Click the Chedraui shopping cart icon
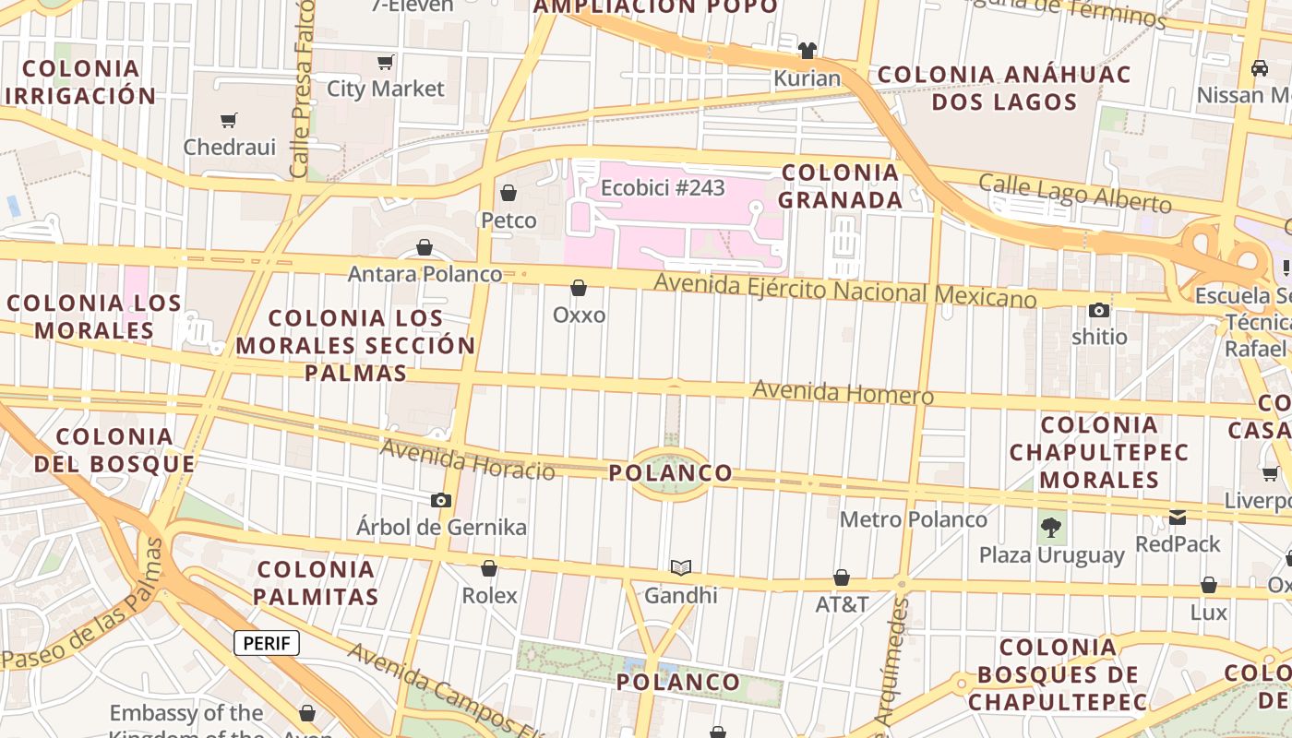coord(228,120)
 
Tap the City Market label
coord(386,89)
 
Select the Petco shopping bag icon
coord(508,192)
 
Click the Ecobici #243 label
coord(663,188)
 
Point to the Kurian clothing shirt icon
coord(807,50)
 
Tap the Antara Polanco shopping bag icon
coord(425,247)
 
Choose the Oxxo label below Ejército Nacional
coord(579,315)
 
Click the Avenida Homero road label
coord(843,392)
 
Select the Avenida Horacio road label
coord(467,458)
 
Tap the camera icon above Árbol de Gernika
coord(441,500)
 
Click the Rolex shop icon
coord(489,568)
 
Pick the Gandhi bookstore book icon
coord(681,567)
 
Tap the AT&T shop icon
coord(842,577)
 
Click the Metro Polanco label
coord(913,519)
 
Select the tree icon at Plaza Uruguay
coord(1050,528)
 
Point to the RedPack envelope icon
coord(1178,517)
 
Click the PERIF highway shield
coord(267,643)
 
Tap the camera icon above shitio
coord(1099,310)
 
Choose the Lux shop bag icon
coord(1209,585)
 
